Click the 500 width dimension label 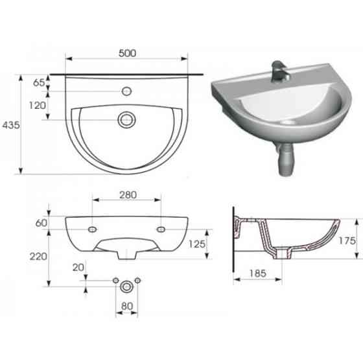(127, 53)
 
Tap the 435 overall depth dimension (11, 125)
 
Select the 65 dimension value (39, 83)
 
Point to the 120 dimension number (38, 106)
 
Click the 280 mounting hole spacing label (128, 195)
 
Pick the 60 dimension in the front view (41, 223)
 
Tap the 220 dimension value (38, 257)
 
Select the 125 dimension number (197, 244)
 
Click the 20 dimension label (78, 268)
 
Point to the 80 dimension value (127, 306)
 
